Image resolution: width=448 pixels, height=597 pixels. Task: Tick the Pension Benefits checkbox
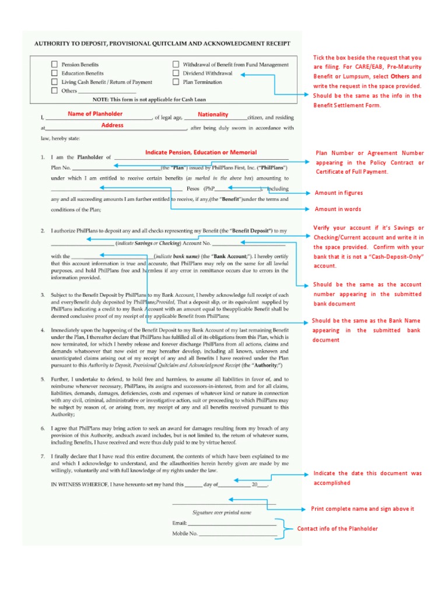pyautogui.click(x=54, y=65)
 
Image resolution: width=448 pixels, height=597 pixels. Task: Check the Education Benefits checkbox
pyautogui.click(x=54, y=73)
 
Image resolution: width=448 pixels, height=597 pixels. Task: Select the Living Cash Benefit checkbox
pyautogui.click(x=54, y=82)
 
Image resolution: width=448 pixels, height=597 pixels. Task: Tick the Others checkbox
pyautogui.click(x=54, y=91)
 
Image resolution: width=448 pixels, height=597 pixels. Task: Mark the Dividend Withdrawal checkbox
pyautogui.click(x=176, y=73)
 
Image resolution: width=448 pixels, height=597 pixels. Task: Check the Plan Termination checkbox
pyautogui.click(x=176, y=82)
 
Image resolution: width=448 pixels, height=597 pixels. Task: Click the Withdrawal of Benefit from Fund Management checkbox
pyautogui.click(x=176, y=65)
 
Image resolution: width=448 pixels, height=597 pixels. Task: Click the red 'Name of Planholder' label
pyautogui.click(x=95, y=114)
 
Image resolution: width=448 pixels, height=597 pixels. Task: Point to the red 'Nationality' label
pyautogui.click(x=213, y=114)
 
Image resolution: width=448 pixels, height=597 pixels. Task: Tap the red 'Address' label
pyautogui.click(x=112, y=125)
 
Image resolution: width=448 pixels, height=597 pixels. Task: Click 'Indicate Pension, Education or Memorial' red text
pyautogui.click(x=201, y=152)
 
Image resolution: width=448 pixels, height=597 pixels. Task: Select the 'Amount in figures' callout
pyautogui.click(x=338, y=193)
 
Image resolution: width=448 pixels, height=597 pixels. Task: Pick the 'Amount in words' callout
pyautogui.click(x=338, y=209)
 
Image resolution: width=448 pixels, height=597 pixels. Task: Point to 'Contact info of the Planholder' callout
pyautogui.click(x=337, y=529)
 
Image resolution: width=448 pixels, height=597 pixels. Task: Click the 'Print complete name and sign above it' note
pyautogui.click(x=362, y=509)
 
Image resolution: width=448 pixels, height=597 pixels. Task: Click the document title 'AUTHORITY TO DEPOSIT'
pyautogui.click(x=162, y=44)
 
